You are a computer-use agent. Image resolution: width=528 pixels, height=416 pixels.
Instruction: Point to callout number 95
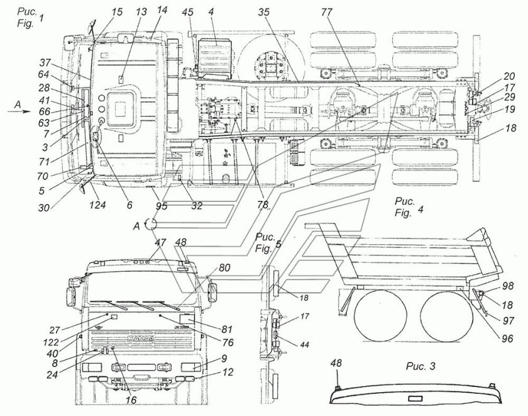click(x=163, y=205)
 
